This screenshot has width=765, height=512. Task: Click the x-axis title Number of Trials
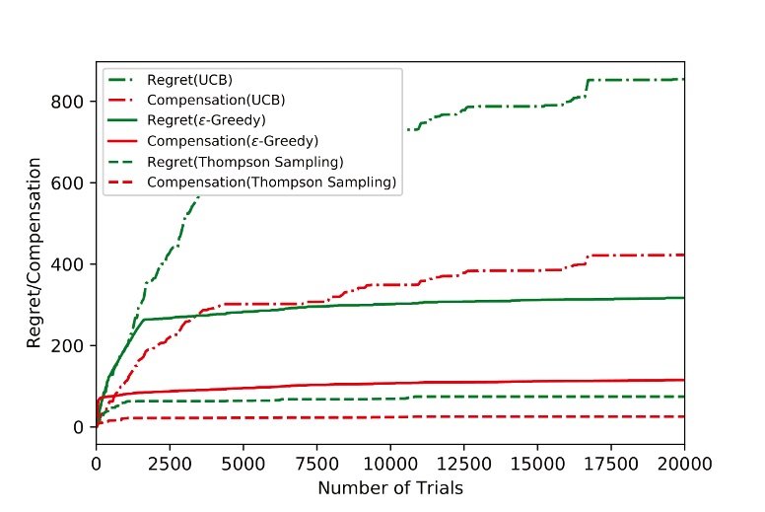[390, 486]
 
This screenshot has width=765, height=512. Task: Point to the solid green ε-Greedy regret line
[493, 302]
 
